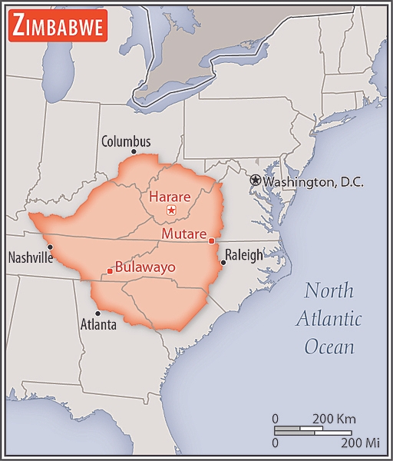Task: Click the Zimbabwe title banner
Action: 58,27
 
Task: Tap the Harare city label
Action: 170,196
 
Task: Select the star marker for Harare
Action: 172,210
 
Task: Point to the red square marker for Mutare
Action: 211,241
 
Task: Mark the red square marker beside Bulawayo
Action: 110,271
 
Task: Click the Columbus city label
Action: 126,141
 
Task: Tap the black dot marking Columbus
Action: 134,152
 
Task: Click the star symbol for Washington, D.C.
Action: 255,180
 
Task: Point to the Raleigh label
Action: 243,255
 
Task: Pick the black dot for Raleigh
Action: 223,263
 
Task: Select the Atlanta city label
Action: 98,325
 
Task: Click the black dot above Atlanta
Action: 97,313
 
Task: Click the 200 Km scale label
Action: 334,419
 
